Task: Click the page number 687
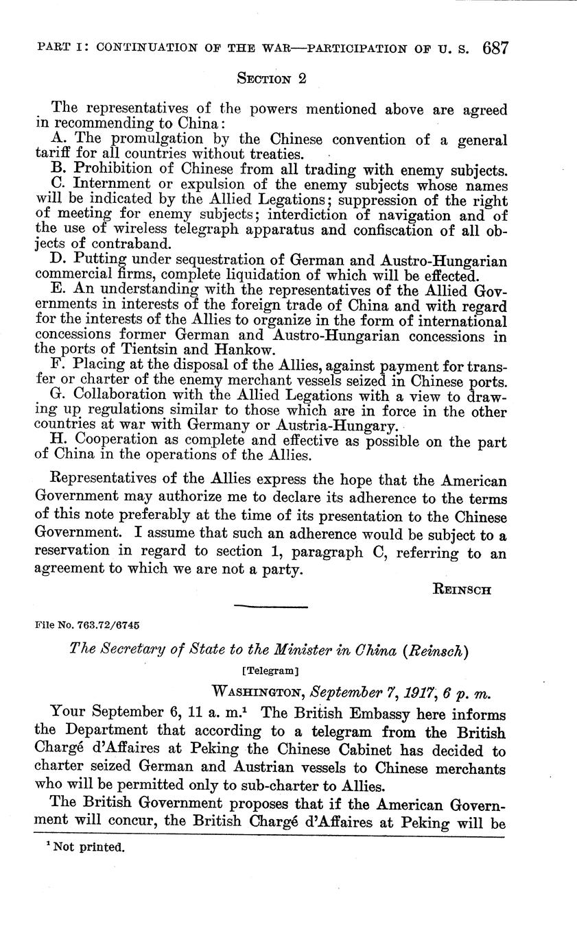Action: pos(495,49)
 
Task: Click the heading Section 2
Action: pos(271,79)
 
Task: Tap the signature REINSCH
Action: pos(462,589)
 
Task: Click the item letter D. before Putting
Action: pos(58,261)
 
